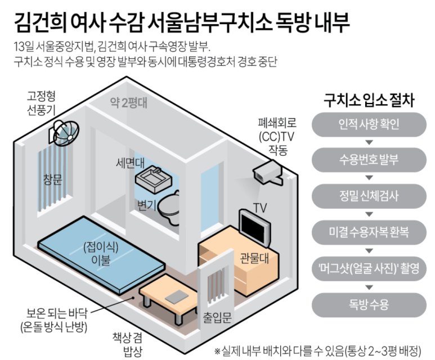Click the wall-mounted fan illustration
pyautogui.click(x=64, y=130)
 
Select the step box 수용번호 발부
pyautogui.click(x=369, y=159)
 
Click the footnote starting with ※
pyautogui.click(x=321, y=349)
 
